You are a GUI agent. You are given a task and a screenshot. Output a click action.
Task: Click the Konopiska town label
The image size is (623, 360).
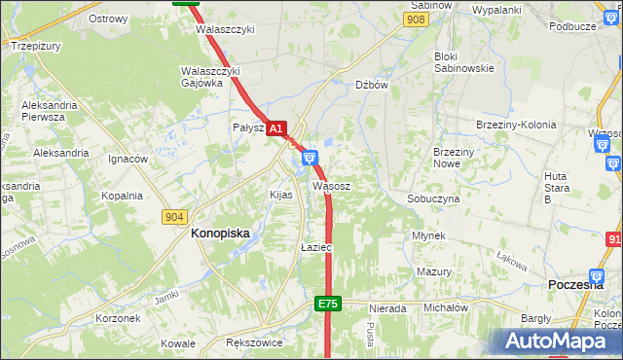point(220,234)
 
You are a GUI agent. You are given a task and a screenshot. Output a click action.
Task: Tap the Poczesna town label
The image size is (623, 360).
point(577,283)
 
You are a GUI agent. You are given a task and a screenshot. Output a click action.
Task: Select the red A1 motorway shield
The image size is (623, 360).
point(275,128)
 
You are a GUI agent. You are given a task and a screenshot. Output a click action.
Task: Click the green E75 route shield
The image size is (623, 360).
point(327,305)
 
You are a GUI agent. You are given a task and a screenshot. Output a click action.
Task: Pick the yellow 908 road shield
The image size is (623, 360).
point(416,19)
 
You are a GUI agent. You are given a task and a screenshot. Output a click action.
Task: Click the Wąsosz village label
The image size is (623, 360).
point(331,185)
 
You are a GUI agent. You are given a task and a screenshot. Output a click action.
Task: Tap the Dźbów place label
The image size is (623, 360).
point(372,85)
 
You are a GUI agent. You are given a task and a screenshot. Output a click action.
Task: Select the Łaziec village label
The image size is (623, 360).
point(316,248)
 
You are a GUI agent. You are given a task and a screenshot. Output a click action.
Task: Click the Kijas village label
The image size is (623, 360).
point(280,195)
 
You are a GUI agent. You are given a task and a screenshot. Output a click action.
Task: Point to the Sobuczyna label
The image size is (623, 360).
point(433,198)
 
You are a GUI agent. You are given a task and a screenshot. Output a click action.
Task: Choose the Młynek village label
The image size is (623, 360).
point(428,236)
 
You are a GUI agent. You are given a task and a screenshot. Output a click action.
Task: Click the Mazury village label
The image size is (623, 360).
point(434,271)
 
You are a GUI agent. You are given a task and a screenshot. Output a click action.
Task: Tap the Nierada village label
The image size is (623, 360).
point(387,308)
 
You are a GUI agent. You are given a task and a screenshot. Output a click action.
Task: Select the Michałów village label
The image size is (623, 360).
point(446,307)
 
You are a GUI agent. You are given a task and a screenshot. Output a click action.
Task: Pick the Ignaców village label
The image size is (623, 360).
point(128,159)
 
